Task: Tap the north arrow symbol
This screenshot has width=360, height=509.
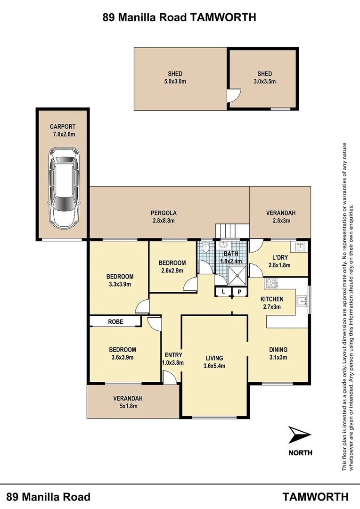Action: coord(299,434)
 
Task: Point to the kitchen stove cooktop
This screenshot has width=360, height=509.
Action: coord(272,284)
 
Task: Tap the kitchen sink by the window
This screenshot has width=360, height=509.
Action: coord(301,302)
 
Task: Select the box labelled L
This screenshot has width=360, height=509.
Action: coord(223,292)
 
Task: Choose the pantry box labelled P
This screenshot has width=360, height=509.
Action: coord(239,292)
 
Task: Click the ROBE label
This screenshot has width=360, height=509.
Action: coord(115,322)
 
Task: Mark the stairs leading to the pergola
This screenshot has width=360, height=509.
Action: coord(232,231)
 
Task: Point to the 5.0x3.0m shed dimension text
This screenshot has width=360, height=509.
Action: coord(175,81)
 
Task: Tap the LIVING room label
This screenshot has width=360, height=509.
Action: coord(214,358)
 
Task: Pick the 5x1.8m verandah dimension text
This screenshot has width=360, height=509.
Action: coord(128,406)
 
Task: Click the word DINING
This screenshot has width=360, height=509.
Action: coord(278,350)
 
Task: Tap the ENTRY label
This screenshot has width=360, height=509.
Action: coord(173,355)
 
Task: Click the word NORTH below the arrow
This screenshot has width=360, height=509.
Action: coord(300,453)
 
